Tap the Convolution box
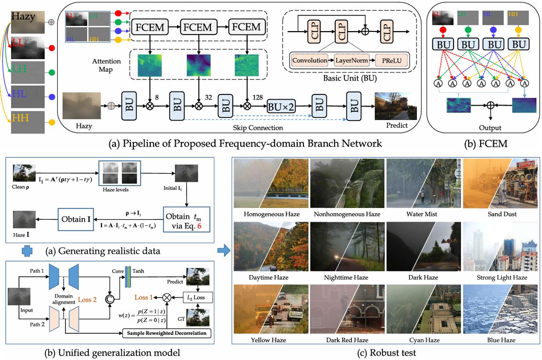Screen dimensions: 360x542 pos(309,61)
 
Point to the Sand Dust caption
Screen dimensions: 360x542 pos(501,214)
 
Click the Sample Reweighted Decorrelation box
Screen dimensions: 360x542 pos(165,333)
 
